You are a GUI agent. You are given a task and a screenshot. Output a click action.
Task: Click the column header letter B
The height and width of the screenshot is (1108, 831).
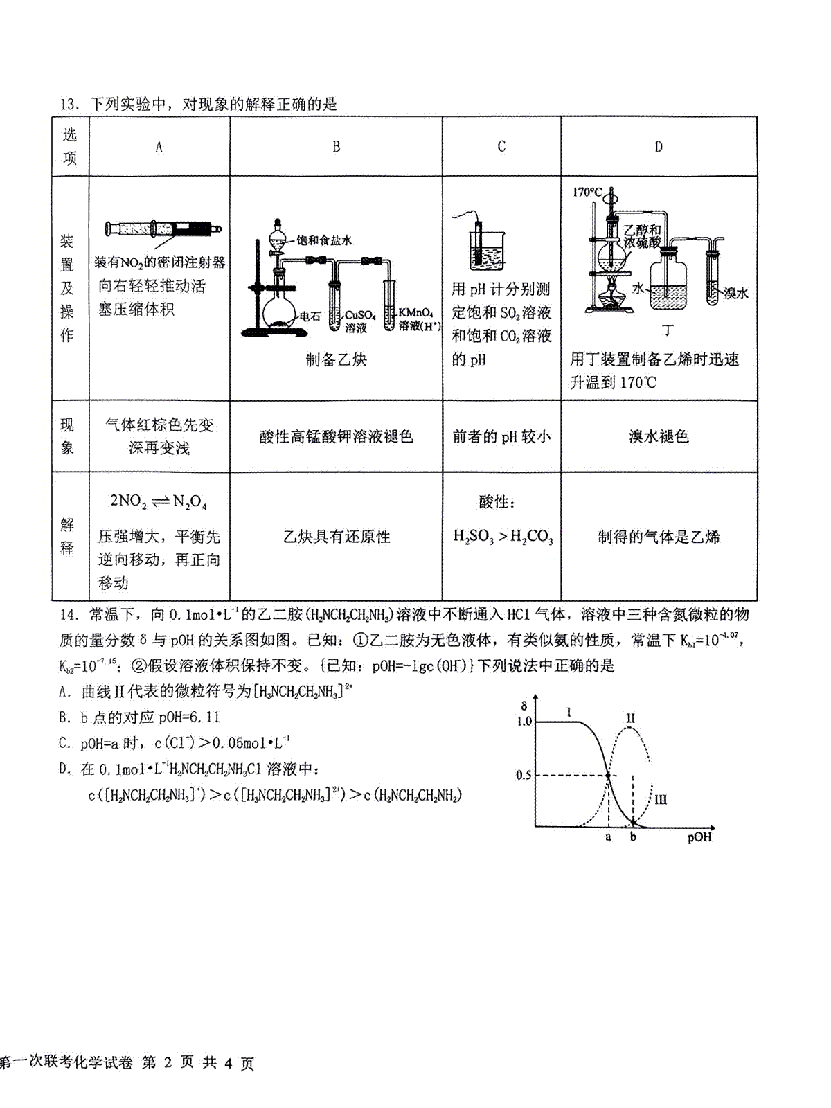click(336, 146)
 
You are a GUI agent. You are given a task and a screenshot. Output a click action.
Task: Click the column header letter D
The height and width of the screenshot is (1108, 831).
click(659, 146)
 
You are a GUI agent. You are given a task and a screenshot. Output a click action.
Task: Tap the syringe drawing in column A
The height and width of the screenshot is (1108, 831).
click(163, 229)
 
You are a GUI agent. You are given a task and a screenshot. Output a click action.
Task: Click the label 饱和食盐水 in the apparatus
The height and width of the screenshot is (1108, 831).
click(324, 240)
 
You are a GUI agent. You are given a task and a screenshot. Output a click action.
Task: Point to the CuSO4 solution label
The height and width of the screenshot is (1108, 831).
click(359, 321)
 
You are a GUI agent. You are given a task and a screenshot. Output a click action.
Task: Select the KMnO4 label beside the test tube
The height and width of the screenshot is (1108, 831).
click(415, 313)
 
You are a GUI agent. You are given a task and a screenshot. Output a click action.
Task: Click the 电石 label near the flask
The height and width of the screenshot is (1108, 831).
click(310, 316)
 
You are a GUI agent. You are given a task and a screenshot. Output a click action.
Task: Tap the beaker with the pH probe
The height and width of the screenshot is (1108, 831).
click(487, 251)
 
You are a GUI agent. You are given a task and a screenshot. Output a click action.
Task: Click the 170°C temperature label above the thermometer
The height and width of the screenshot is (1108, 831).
click(587, 192)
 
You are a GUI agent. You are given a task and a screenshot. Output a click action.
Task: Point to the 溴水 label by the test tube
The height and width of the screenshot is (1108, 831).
click(736, 293)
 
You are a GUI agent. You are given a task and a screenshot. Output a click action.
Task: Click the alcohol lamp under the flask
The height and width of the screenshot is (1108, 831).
click(612, 296)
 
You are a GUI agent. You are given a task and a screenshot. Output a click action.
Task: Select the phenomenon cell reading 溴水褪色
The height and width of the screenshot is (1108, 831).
click(659, 436)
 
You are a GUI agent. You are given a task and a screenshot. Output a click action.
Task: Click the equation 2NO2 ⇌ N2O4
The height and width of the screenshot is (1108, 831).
click(159, 501)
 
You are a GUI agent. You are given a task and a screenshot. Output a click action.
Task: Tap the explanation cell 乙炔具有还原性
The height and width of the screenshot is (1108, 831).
click(337, 536)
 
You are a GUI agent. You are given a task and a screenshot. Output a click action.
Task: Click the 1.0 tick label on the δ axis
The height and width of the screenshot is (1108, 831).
click(524, 722)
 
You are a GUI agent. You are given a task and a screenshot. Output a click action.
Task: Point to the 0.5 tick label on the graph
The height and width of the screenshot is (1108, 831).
click(524, 774)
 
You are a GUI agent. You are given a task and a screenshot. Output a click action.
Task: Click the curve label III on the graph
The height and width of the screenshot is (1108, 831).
click(661, 799)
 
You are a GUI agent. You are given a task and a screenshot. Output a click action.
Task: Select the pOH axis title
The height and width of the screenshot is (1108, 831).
click(699, 838)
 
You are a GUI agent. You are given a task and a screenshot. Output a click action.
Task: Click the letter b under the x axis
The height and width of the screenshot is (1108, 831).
click(633, 837)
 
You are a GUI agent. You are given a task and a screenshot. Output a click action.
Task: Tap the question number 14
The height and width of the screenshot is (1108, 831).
click(69, 614)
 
